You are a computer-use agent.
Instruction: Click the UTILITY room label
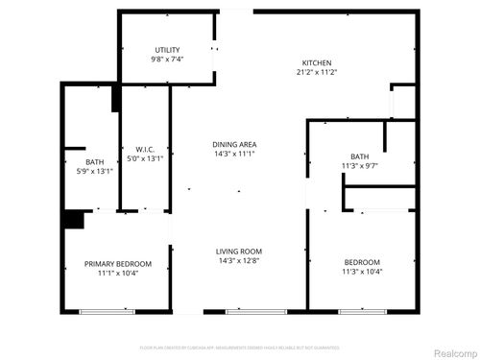[x=167, y=50]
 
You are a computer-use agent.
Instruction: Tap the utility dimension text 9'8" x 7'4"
[x=167, y=60]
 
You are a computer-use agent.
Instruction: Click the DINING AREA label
[x=234, y=145]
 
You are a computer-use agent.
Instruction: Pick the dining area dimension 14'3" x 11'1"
[x=234, y=155]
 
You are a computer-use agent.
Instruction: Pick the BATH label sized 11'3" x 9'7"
[x=359, y=156]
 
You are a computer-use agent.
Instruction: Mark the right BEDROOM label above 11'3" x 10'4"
[x=362, y=263]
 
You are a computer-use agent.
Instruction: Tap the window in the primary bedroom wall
[x=107, y=311]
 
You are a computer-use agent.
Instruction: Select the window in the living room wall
[x=254, y=311]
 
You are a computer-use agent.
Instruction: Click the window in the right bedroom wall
[x=362, y=311]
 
